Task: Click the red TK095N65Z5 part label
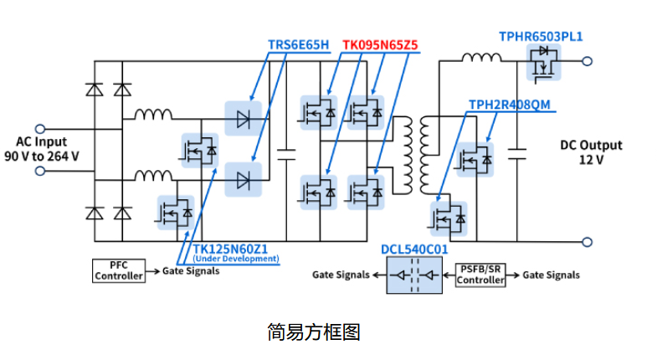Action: click(379, 44)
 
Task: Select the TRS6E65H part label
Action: click(298, 44)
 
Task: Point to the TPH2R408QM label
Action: click(510, 104)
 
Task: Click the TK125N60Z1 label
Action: click(230, 249)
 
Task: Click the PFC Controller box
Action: click(118, 271)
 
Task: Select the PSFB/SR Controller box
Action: click(480, 275)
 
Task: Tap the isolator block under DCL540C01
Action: click(415, 275)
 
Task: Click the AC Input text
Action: click(42, 142)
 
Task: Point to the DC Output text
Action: click(592, 144)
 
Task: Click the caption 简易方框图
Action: click(314, 332)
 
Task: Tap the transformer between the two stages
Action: click(416, 153)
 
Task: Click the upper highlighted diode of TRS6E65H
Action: click(244, 119)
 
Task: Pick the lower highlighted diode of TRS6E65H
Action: click(244, 177)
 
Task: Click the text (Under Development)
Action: click(236, 260)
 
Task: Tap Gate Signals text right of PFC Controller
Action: click(191, 271)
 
